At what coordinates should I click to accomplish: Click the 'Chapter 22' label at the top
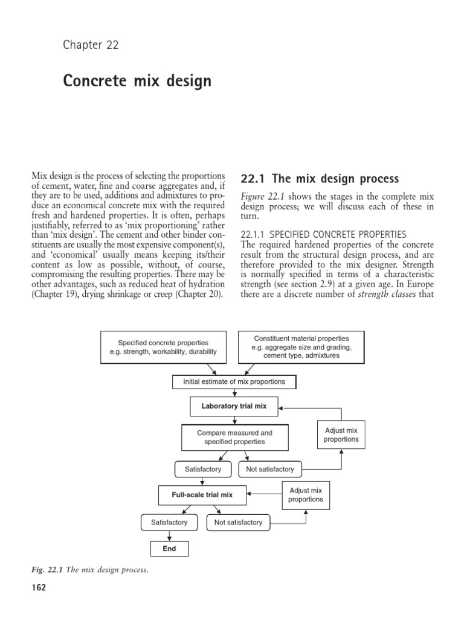click(x=91, y=45)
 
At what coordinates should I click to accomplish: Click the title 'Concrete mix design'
click(x=137, y=81)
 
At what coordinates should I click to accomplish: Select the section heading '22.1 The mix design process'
click(x=320, y=179)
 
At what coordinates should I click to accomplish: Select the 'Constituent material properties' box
click(x=301, y=347)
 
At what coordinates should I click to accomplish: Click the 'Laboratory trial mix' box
click(x=234, y=406)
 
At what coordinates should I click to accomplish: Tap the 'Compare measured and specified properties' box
click(x=234, y=437)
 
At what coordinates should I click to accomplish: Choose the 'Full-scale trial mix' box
click(x=202, y=495)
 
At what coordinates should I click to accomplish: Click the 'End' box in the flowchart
click(x=169, y=549)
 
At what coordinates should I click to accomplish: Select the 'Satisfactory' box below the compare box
click(x=203, y=469)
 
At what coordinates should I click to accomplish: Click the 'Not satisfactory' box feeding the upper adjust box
click(x=270, y=469)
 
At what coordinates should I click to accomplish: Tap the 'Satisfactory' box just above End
click(x=169, y=522)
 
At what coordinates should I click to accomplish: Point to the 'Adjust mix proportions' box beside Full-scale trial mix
click(x=306, y=495)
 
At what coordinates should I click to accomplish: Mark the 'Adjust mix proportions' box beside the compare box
click(x=341, y=435)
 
